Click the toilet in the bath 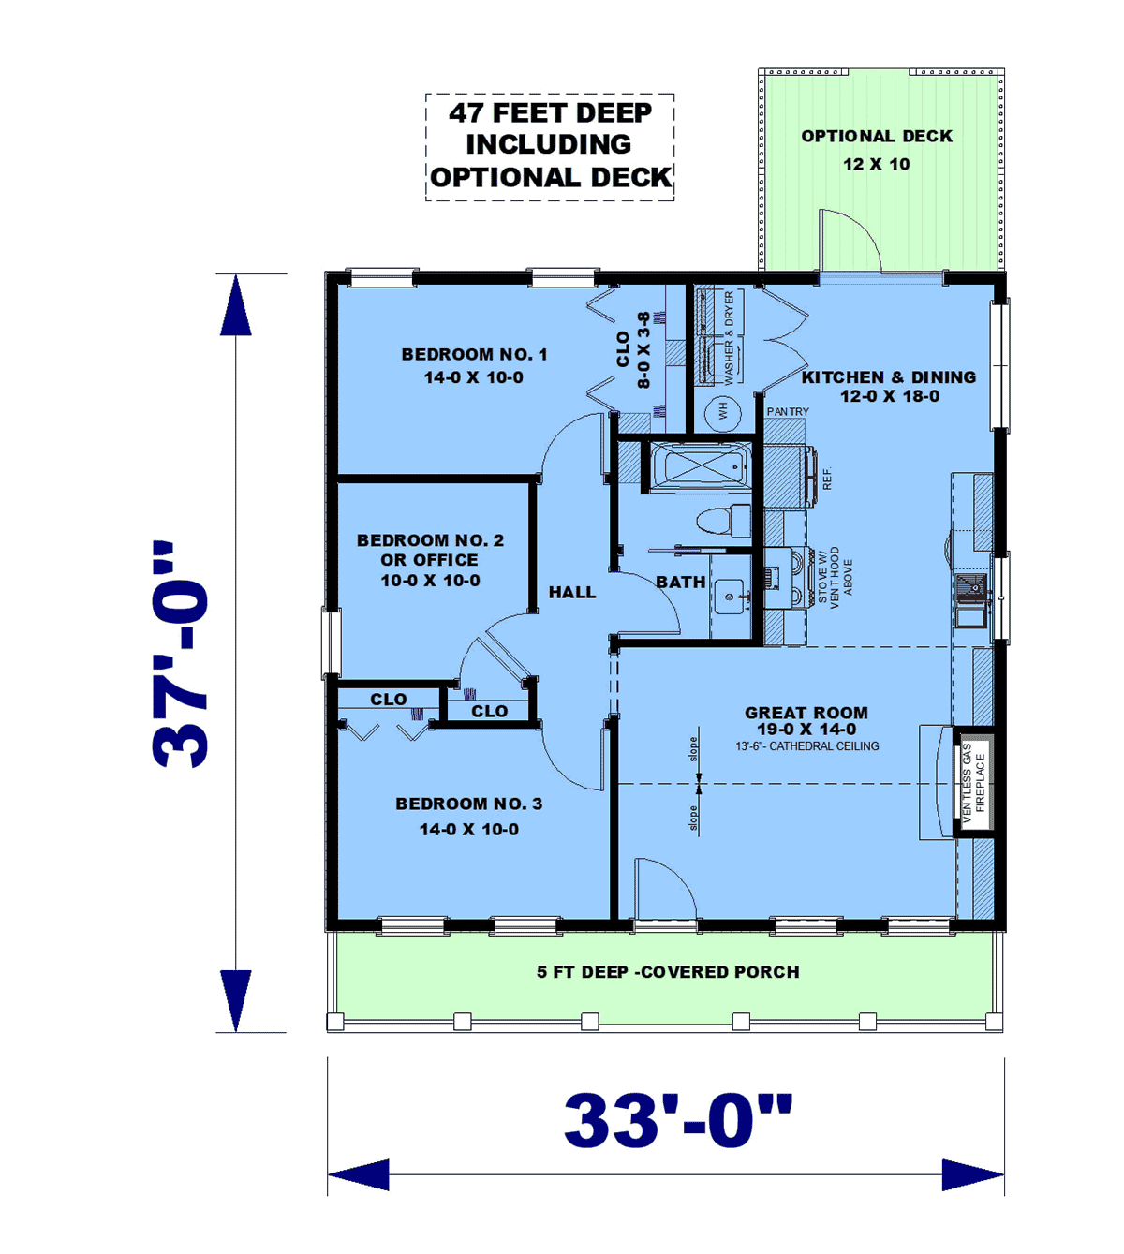tap(723, 521)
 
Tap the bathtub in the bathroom tap(700, 465)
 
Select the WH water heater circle tap(723, 410)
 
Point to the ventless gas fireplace tap(973, 783)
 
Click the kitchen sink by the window tap(970, 599)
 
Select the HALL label tap(572, 592)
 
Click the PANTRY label tap(788, 412)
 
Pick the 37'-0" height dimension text tap(180, 655)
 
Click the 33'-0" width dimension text tap(678, 1121)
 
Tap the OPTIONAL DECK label tap(877, 136)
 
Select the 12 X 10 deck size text tap(877, 164)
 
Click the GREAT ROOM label tap(806, 713)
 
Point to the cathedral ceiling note tap(806, 745)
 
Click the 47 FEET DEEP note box tap(550, 147)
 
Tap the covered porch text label tap(668, 972)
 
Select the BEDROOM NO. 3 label tap(468, 804)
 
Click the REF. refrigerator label tap(827, 479)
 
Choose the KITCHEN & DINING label tap(889, 376)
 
